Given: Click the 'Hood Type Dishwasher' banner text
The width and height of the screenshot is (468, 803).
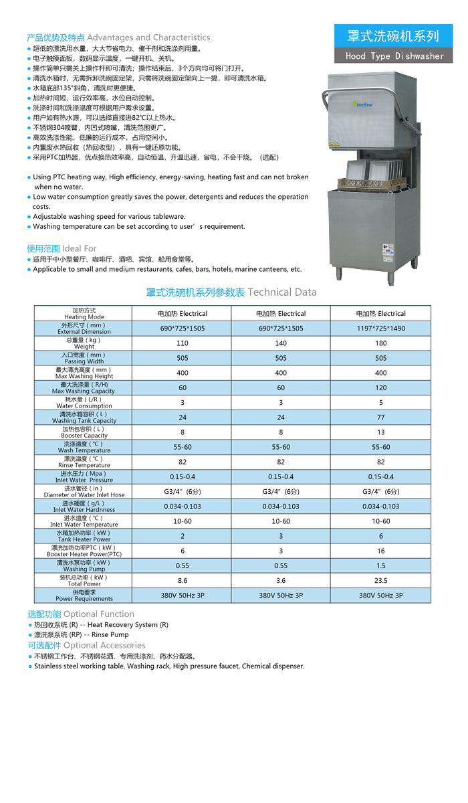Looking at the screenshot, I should [394, 56].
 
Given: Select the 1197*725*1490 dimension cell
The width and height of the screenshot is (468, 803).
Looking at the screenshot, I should [380, 329].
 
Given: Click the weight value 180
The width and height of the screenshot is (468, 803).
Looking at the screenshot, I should [380, 343].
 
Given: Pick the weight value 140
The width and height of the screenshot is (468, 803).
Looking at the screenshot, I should [281, 343].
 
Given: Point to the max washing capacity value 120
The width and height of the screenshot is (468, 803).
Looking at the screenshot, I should [380, 388].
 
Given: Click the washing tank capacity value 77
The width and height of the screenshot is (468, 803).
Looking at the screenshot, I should [380, 418].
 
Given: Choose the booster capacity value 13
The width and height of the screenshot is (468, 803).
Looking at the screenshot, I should [380, 432].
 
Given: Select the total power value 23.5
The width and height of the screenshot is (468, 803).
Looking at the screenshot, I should [380, 581].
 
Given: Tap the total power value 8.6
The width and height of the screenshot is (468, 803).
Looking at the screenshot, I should [183, 581].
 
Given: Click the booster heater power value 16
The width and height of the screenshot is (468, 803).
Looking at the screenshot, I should [380, 551].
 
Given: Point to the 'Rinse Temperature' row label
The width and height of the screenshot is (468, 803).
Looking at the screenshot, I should [84, 462].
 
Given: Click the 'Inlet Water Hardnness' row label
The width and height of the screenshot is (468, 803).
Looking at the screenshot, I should [84, 507].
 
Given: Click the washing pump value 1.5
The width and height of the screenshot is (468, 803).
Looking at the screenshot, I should [380, 565].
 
